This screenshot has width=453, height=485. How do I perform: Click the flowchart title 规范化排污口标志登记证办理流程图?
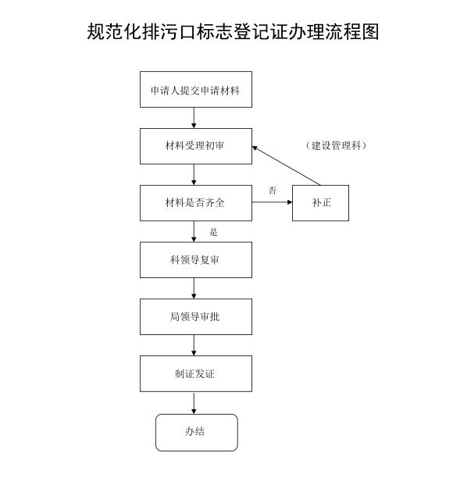(233, 32)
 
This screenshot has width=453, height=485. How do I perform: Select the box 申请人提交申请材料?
(195, 90)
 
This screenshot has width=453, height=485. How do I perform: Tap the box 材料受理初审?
(195, 146)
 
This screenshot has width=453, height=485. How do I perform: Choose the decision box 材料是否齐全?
(195, 203)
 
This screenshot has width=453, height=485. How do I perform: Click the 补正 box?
(321, 203)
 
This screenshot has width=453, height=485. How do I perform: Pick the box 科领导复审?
(195, 260)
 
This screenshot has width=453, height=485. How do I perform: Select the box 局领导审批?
(195, 316)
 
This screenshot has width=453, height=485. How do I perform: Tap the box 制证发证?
(195, 373)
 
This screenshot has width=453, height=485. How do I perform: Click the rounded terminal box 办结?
(195, 432)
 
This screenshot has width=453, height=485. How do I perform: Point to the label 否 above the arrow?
(273, 191)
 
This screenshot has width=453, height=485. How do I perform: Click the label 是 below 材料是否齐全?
(213, 232)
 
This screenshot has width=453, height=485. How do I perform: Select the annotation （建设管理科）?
(337, 146)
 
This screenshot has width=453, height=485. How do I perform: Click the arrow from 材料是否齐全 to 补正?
(272, 203)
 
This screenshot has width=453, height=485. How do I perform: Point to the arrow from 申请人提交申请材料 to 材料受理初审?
(194, 118)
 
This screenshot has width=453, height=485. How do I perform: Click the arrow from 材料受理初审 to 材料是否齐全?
(194, 175)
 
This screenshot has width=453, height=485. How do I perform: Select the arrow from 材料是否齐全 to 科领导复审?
(194, 232)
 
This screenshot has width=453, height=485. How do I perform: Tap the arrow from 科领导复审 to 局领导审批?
(194, 288)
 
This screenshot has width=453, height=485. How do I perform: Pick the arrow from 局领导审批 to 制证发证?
(194, 345)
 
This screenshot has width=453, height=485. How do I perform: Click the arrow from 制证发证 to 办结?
(194, 403)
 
